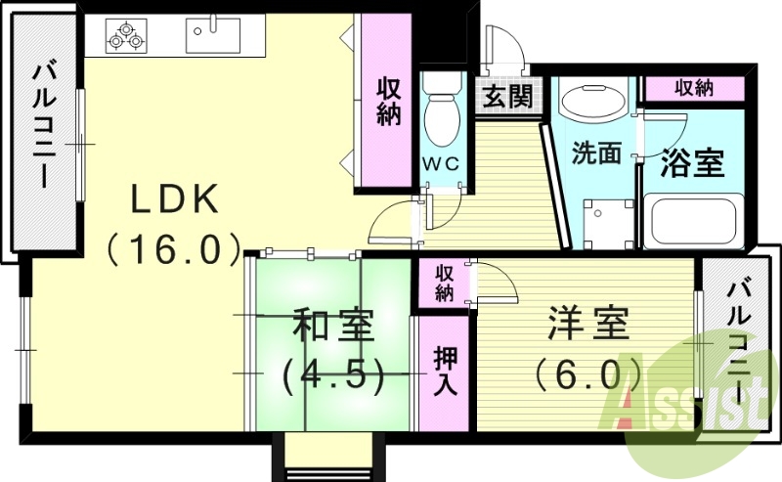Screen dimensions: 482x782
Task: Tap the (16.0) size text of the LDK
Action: tap(174, 249)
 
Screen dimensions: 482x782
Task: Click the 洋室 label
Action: tap(586, 324)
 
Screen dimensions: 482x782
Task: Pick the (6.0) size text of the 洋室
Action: tap(587, 372)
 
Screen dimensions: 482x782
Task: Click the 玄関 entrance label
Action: tap(506, 97)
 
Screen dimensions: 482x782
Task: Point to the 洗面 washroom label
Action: tap(596, 153)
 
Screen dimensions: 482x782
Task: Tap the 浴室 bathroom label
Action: tap(693, 162)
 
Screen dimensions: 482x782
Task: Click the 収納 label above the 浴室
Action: tap(693, 88)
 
